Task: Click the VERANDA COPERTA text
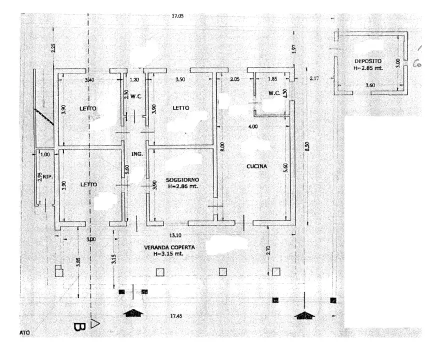(x=169, y=247)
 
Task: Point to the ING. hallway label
(x=137, y=154)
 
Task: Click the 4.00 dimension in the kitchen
(x=253, y=126)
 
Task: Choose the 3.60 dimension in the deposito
(x=370, y=86)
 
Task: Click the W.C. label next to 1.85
(x=273, y=93)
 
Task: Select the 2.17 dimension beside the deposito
(x=314, y=78)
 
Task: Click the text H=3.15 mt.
(x=169, y=254)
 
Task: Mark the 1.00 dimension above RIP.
(x=45, y=154)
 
